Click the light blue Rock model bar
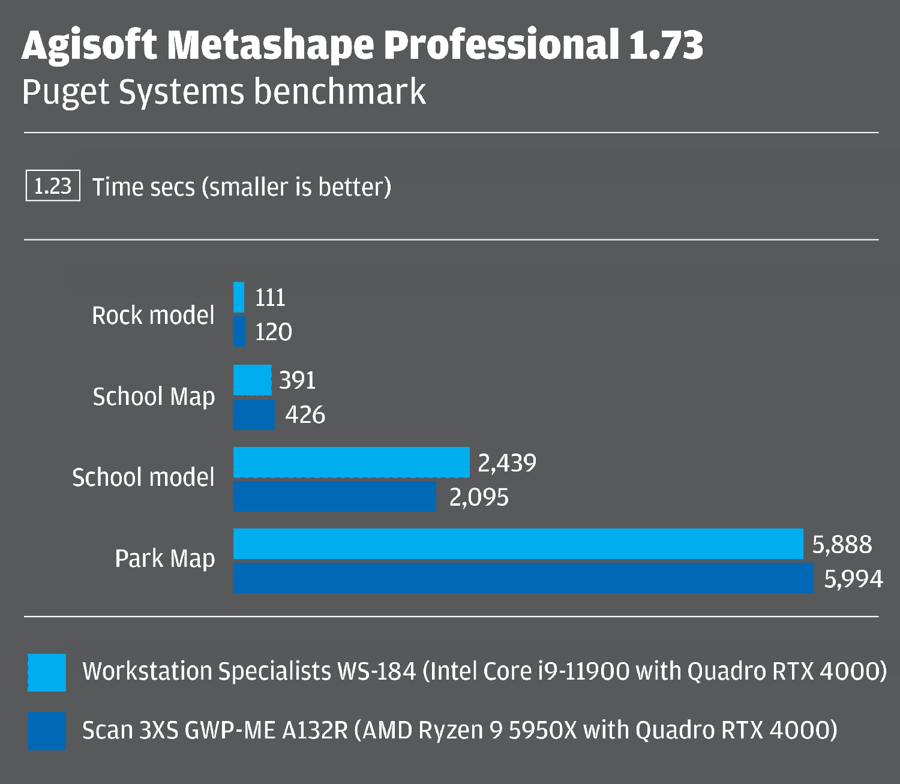[239, 297]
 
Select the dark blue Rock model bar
[239, 331]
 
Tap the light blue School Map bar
[252, 380]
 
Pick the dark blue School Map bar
[254, 414]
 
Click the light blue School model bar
[351, 462]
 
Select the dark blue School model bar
[335, 496]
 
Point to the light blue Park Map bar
[518, 543]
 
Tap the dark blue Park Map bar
[523, 578]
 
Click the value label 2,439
[507, 462]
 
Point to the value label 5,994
[853, 579]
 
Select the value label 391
[297, 380]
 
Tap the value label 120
[273, 332]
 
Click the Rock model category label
[153, 316]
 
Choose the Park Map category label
[164, 558]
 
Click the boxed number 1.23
[53, 186]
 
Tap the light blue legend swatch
[47, 672]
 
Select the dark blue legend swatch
[47, 731]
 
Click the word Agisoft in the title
[89, 46]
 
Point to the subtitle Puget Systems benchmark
[224, 92]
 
